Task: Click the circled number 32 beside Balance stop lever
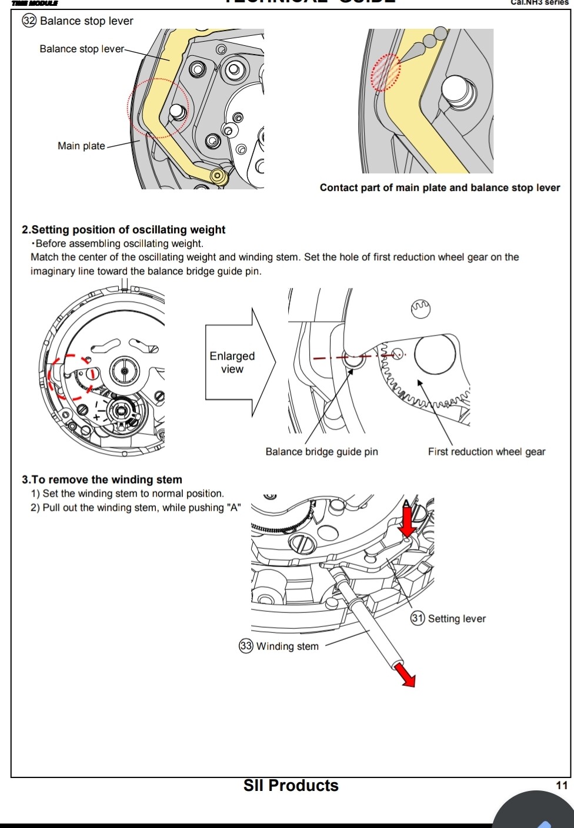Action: pyautogui.click(x=29, y=21)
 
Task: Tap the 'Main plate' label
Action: pyautogui.click(x=81, y=146)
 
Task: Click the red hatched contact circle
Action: pyautogui.click(x=386, y=72)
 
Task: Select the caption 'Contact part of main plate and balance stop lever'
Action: pyautogui.click(x=439, y=188)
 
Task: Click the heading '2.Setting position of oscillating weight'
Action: pyautogui.click(x=124, y=230)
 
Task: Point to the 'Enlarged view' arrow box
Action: pyautogui.click(x=233, y=363)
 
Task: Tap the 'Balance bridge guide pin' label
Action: pyautogui.click(x=322, y=452)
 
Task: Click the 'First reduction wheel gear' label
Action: pyautogui.click(x=486, y=452)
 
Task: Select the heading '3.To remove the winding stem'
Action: pyautogui.click(x=102, y=480)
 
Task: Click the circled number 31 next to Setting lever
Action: pyautogui.click(x=418, y=618)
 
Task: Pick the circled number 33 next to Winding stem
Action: pyautogui.click(x=246, y=646)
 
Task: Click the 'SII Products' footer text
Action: pyautogui.click(x=291, y=786)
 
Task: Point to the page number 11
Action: pyautogui.click(x=562, y=786)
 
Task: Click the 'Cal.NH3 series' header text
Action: pyautogui.click(x=540, y=3)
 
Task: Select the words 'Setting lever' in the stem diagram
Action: pyautogui.click(x=457, y=618)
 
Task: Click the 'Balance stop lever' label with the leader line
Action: pyautogui.click(x=82, y=49)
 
